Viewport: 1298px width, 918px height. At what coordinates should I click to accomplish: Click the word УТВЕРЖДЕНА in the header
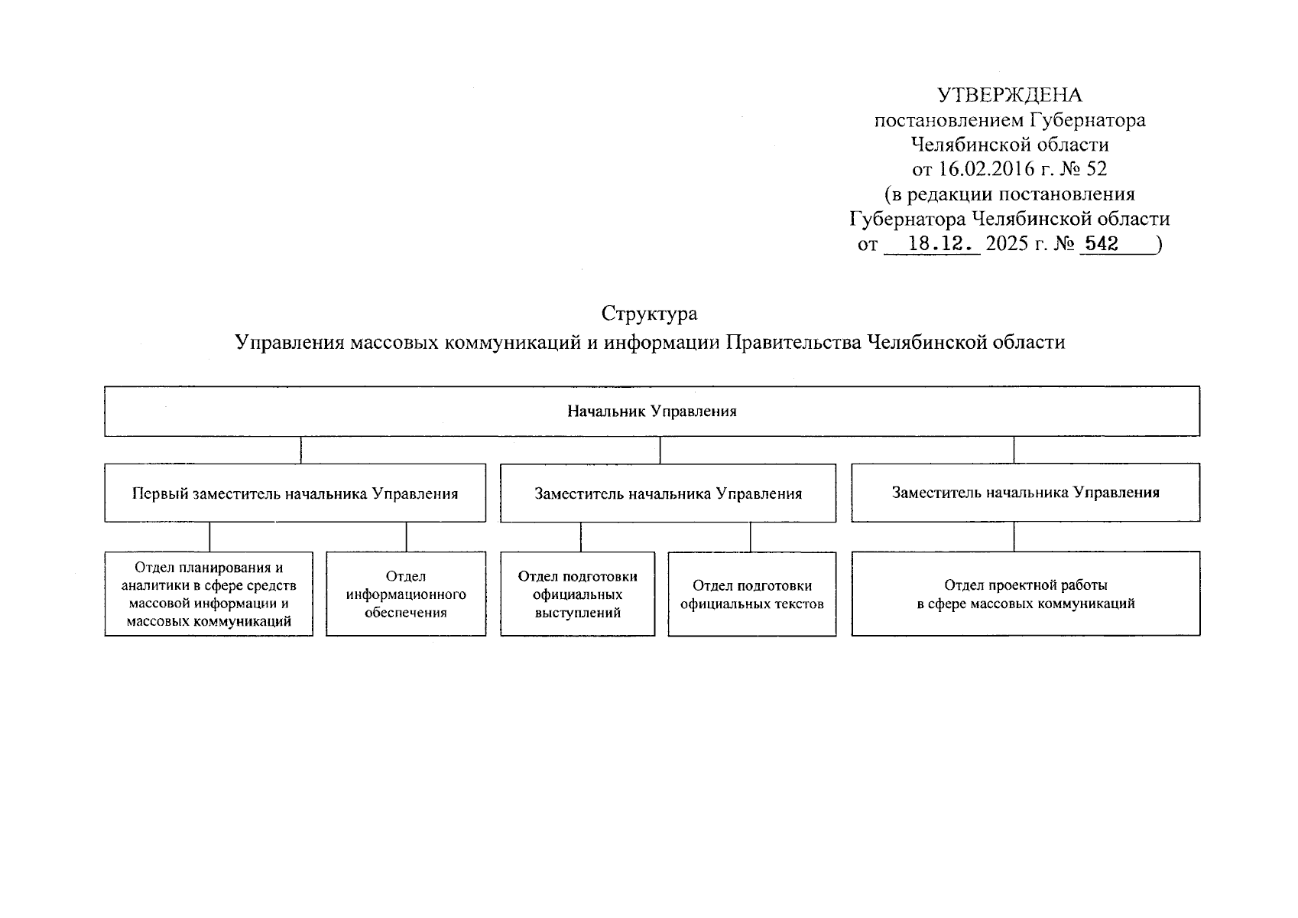click(x=1010, y=96)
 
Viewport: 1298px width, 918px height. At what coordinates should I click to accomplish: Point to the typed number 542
click(x=1102, y=244)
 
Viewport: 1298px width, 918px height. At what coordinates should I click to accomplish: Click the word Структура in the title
click(x=649, y=314)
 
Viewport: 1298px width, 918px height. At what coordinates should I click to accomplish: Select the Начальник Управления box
click(x=651, y=412)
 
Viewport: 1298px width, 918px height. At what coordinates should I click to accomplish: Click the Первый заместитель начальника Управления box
click(x=295, y=493)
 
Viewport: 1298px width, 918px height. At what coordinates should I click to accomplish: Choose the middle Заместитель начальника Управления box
click(x=668, y=493)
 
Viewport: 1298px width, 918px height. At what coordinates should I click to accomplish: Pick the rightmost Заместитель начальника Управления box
click(x=1025, y=493)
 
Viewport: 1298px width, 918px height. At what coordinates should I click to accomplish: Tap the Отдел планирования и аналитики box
click(x=209, y=594)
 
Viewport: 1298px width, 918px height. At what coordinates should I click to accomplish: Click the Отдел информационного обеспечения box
click(x=406, y=594)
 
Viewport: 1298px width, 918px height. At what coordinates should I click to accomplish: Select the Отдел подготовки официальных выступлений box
click(x=578, y=594)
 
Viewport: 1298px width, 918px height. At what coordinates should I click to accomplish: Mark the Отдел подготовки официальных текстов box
click(x=751, y=594)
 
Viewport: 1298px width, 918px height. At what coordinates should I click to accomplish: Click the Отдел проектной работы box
click(x=1025, y=594)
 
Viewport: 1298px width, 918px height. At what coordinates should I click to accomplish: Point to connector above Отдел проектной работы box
click(x=1014, y=537)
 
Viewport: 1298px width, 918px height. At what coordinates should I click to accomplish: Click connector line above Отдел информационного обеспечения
click(x=406, y=537)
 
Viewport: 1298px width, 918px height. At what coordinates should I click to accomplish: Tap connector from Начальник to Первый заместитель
click(x=300, y=451)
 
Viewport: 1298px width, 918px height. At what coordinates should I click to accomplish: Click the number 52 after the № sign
click(x=1096, y=169)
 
